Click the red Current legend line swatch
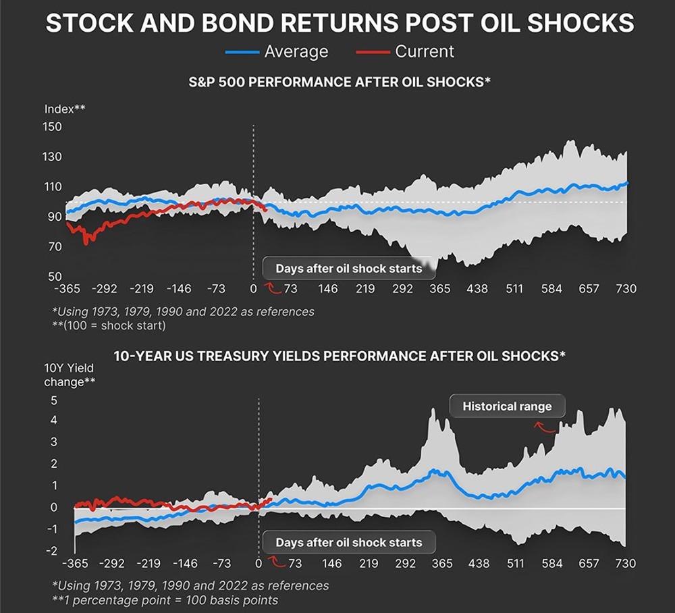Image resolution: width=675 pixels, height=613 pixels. (371, 52)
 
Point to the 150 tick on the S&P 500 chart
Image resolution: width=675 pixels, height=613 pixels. (52, 127)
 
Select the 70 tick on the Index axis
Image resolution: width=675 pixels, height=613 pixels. (55, 247)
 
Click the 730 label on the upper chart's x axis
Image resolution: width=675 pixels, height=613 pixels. (626, 289)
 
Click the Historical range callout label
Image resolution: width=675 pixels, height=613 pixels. (507, 406)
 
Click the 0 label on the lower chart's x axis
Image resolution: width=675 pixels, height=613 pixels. (259, 563)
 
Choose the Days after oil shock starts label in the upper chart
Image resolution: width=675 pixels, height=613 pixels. (348, 269)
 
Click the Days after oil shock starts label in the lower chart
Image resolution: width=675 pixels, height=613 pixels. (348, 543)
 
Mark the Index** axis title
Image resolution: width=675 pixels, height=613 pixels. (65, 109)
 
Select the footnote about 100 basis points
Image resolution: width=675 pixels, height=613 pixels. (165, 599)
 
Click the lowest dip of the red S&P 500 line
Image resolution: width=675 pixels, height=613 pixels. (86, 242)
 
